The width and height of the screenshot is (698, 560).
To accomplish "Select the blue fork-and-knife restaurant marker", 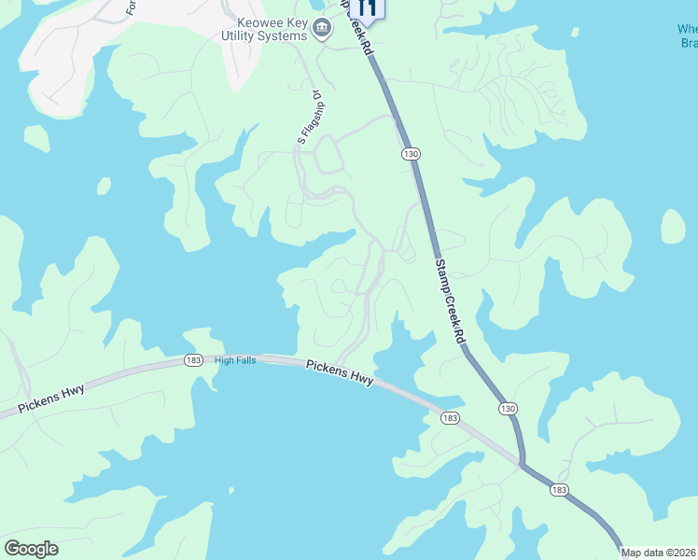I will click(368, 7).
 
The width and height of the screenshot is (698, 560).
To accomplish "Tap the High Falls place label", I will click(234, 360).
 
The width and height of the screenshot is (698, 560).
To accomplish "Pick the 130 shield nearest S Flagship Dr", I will click(410, 153).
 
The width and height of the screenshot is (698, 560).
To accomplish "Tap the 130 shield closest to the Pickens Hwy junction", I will click(508, 408).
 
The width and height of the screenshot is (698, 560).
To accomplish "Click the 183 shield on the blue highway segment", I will click(559, 490).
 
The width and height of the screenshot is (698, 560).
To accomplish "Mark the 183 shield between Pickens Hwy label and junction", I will click(450, 419).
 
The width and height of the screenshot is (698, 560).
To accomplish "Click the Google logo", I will click(32, 549).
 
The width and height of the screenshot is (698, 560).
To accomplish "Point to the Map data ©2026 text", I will click(659, 553).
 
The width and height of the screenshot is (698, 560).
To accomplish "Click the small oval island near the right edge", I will click(673, 227).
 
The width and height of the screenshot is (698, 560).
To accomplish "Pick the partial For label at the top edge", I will click(132, 7).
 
